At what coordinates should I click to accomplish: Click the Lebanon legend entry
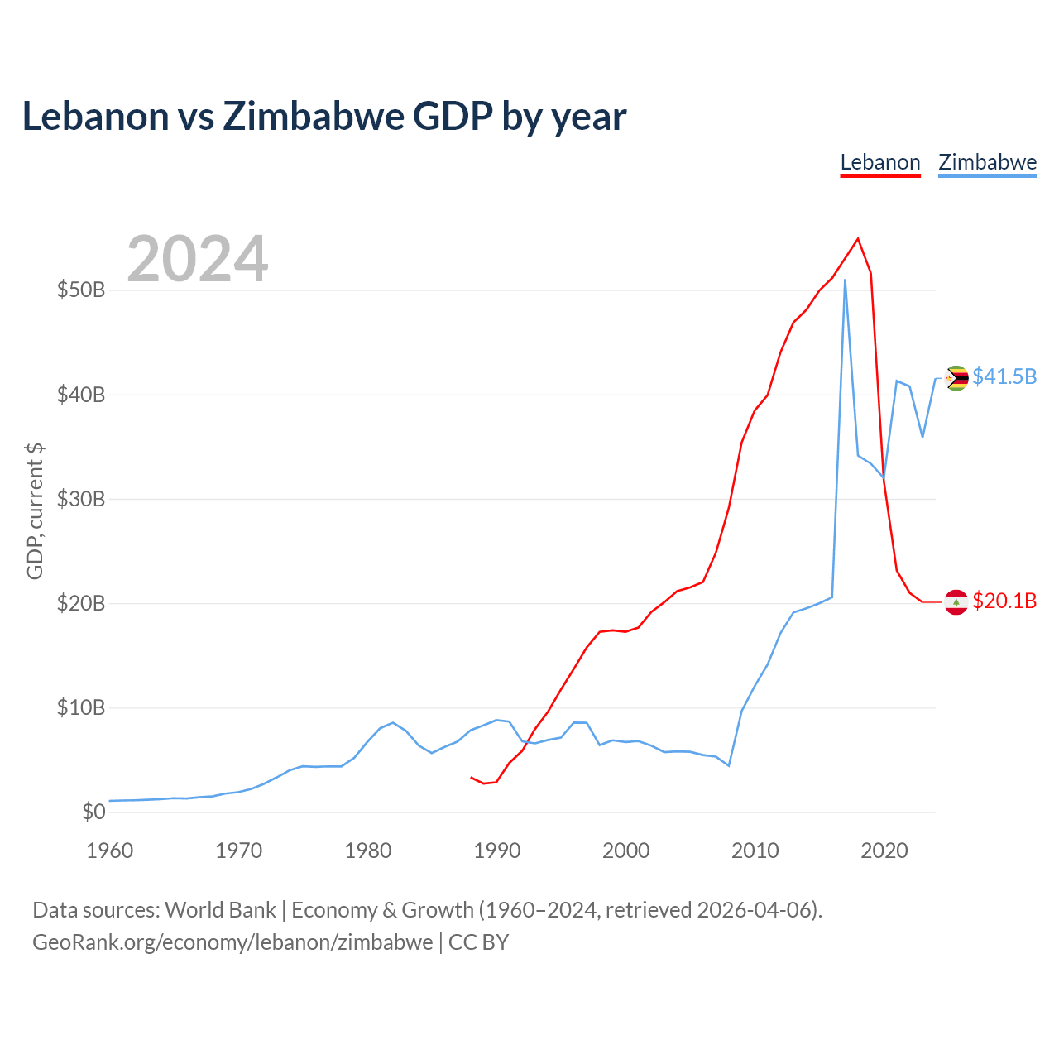click(x=879, y=163)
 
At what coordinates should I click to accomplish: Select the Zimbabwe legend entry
click(x=988, y=163)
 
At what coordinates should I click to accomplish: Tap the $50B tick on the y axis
click(x=81, y=290)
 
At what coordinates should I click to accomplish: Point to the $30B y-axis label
click(x=81, y=499)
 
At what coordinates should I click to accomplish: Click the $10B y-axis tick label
click(x=81, y=707)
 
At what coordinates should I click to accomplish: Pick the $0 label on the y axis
click(x=93, y=812)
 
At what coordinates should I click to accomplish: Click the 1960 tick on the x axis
click(x=110, y=851)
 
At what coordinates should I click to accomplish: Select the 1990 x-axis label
click(x=496, y=851)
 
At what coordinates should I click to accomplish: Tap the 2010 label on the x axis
click(x=755, y=851)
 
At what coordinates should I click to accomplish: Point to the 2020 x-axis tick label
click(x=884, y=851)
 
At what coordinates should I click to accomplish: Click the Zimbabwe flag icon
click(x=956, y=378)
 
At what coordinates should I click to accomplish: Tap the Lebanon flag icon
click(x=956, y=602)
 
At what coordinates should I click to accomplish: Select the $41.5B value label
click(x=1004, y=377)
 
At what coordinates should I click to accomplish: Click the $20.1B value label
click(x=1004, y=601)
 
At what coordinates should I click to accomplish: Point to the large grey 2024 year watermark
click(x=198, y=258)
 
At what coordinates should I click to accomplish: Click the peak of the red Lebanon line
click(x=858, y=238)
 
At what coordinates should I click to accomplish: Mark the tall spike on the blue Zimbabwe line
click(x=845, y=280)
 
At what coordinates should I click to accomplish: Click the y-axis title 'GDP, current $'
click(x=35, y=511)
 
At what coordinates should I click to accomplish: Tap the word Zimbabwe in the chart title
click(x=314, y=117)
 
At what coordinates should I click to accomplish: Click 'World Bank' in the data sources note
click(x=220, y=911)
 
